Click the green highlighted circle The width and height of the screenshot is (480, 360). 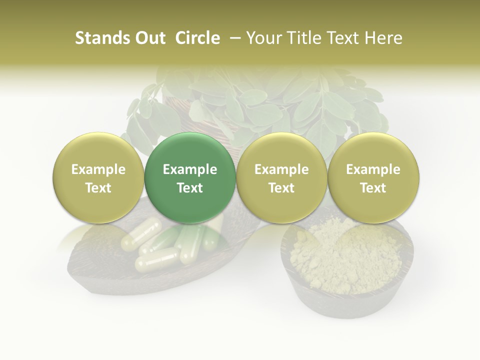tap(190, 178)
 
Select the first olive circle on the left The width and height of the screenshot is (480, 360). tap(98, 178)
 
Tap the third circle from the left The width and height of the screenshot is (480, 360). tap(281, 178)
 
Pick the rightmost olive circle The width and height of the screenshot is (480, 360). tap(373, 178)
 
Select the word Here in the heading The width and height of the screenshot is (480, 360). tap(385, 38)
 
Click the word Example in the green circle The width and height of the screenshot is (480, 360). tap(190, 169)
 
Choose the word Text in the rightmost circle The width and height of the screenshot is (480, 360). tap(373, 188)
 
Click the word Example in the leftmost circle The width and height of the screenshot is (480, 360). tap(98, 169)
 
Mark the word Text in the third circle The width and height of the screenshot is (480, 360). tap(281, 188)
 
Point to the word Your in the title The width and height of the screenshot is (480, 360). tap(262, 38)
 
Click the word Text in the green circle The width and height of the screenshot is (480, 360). tap(190, 188)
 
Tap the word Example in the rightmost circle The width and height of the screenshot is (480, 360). tap(373, 169)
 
